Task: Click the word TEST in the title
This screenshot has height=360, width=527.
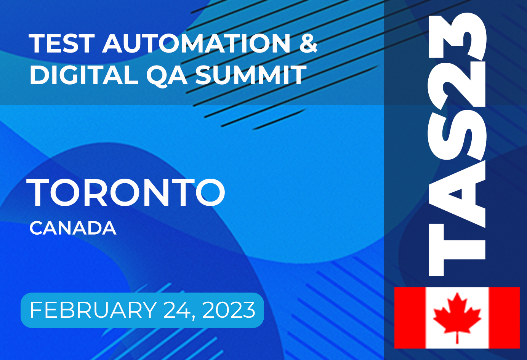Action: pyautogui.click(x=61, y=43)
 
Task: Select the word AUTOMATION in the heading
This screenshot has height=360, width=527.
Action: pyautogui.click(x=196, y=43)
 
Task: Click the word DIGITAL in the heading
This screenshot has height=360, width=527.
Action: pyautogui.click(x=83, y=75)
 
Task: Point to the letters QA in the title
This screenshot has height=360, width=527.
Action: pyautogui.click(x=167, y=75)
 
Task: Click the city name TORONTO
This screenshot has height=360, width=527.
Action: pyautogui.click(x=126, y=193)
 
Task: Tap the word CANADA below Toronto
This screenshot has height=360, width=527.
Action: pyautogui.click(x=73, y=228)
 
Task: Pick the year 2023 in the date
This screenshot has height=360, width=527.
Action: pyautogui.click(x=229, y=310)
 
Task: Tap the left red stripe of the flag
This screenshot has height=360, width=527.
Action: pyautogui.click(x=410, y=317)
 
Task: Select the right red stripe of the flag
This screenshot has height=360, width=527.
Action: pyautogui.click(x=504, y=317)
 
